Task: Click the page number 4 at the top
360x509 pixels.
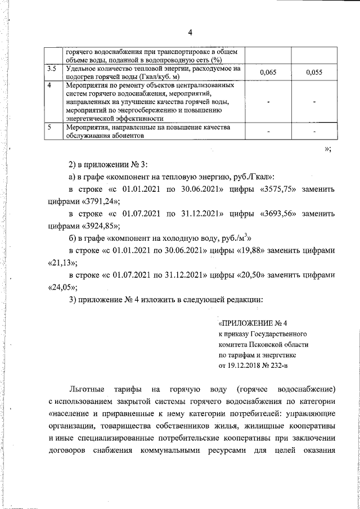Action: point(190,32)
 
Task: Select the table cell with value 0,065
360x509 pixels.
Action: point(268,73)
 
